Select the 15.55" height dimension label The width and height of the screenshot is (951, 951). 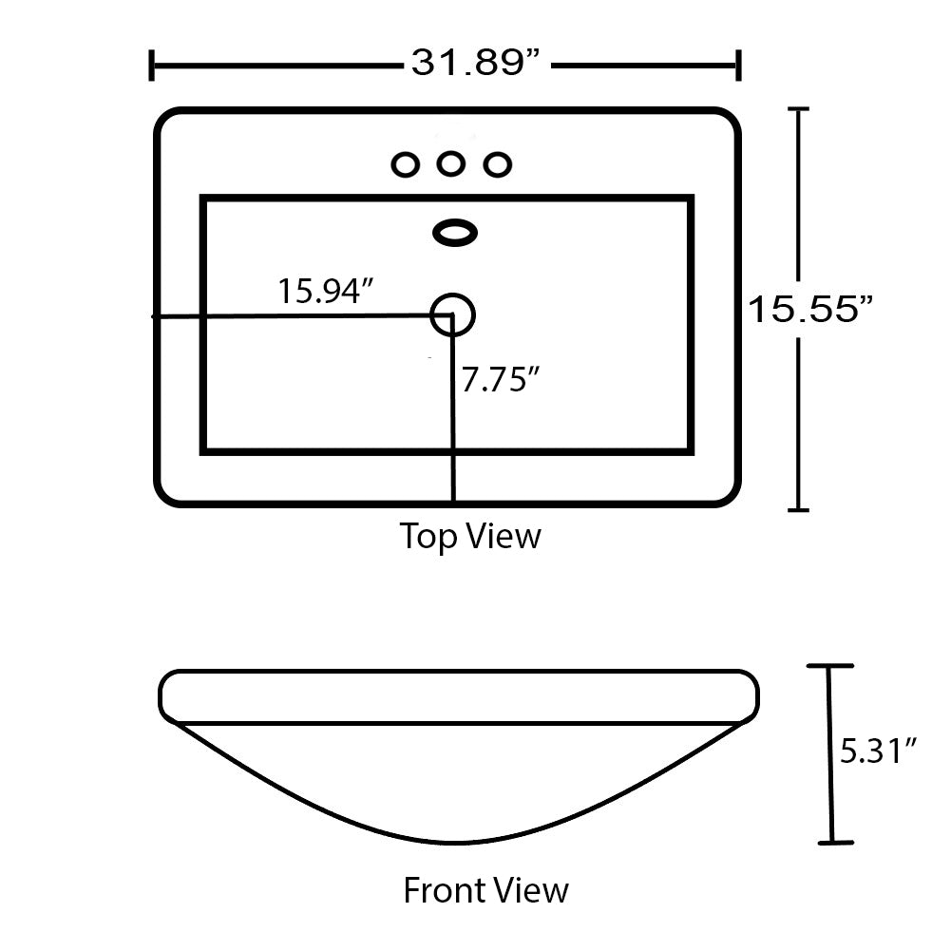click(809, 309)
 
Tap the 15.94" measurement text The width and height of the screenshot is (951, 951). click(322, 291)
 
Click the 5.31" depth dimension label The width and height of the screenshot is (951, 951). click(879, 751)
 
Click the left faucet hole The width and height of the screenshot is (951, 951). click(406, 164)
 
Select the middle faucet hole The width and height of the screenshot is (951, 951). click(450, 164)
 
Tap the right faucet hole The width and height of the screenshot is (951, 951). click(496, 164)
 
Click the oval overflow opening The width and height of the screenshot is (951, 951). click(455, 232)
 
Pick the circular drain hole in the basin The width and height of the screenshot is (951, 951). click(452, 314)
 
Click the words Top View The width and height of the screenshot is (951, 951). click(470, 536)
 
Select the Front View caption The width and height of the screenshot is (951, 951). click(485, 890)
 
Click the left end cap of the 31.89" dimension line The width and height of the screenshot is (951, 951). click(152, 67)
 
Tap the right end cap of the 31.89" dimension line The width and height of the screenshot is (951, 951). click(738, 67)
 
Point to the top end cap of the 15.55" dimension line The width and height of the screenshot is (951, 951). click(799, 110)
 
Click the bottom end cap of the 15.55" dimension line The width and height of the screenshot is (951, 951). click(799, 510)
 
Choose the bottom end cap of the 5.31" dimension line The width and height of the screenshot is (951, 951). click(832, 842)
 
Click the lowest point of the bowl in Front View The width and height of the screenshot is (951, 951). click(456, 842)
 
